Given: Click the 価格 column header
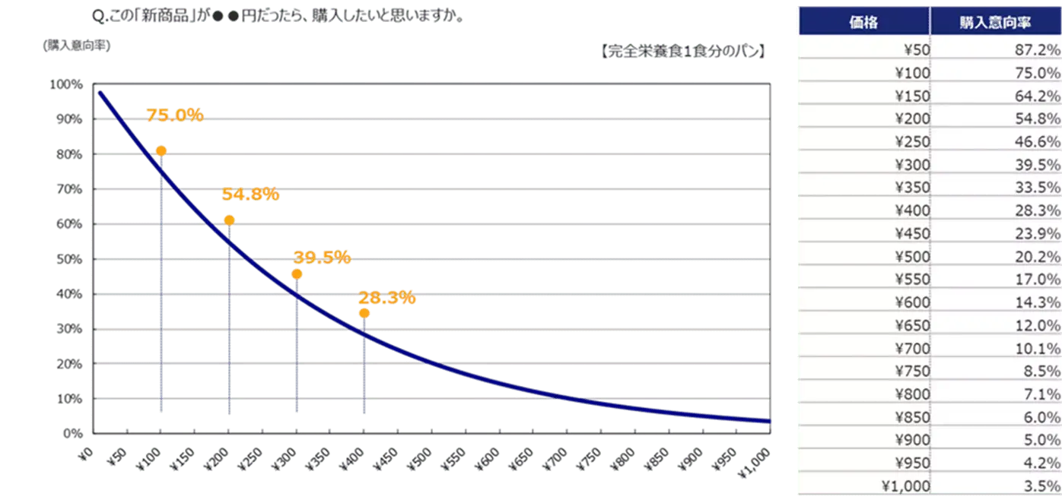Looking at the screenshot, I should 863,23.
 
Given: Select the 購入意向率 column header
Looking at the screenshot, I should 995,23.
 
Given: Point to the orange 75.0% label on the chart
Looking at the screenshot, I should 175,115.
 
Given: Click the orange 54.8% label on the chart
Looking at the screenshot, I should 250,195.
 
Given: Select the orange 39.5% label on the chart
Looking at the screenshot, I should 321,258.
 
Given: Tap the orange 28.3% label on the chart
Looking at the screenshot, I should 387,297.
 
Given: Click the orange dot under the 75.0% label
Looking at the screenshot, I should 161,150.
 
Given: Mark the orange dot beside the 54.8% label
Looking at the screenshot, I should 229,220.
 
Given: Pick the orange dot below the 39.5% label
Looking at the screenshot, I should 297,274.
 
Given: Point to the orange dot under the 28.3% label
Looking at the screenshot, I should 364,313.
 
